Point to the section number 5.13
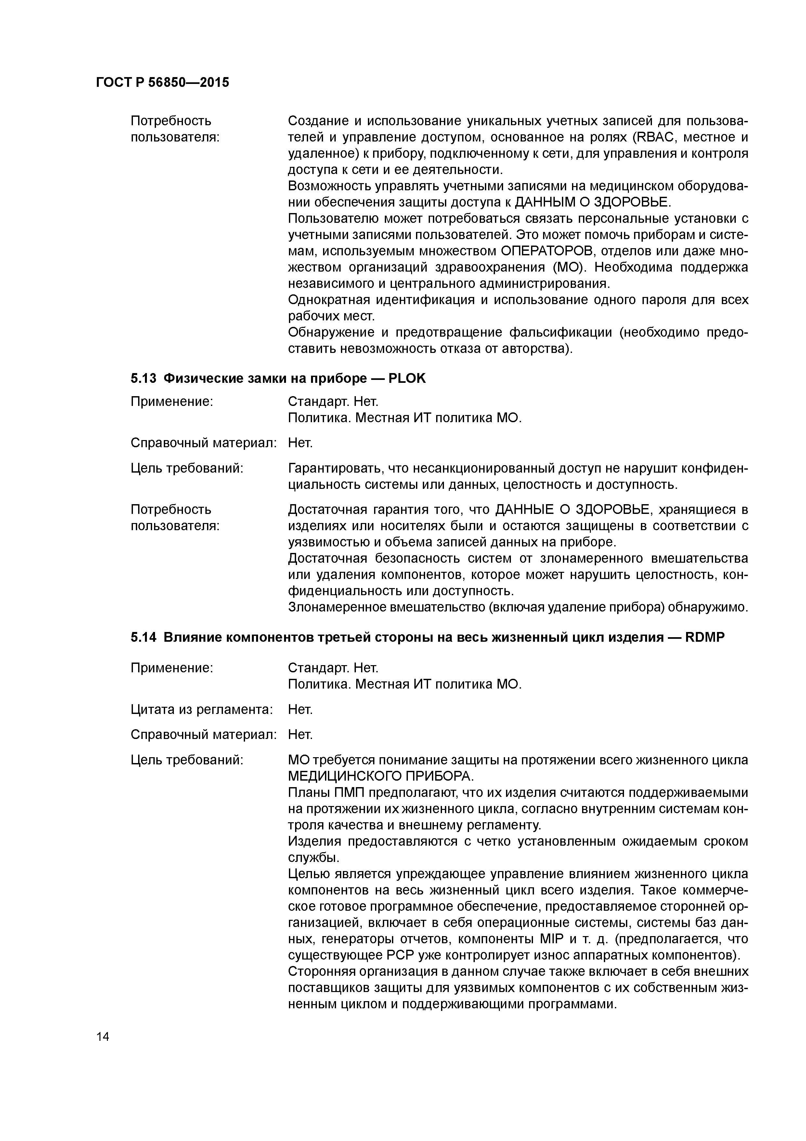tap(143, 379)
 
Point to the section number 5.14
tap(143, 638)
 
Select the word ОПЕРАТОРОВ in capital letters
tap(545, 251)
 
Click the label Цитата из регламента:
tap(201, 710)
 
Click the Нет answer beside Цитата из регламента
tap(300, 710)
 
